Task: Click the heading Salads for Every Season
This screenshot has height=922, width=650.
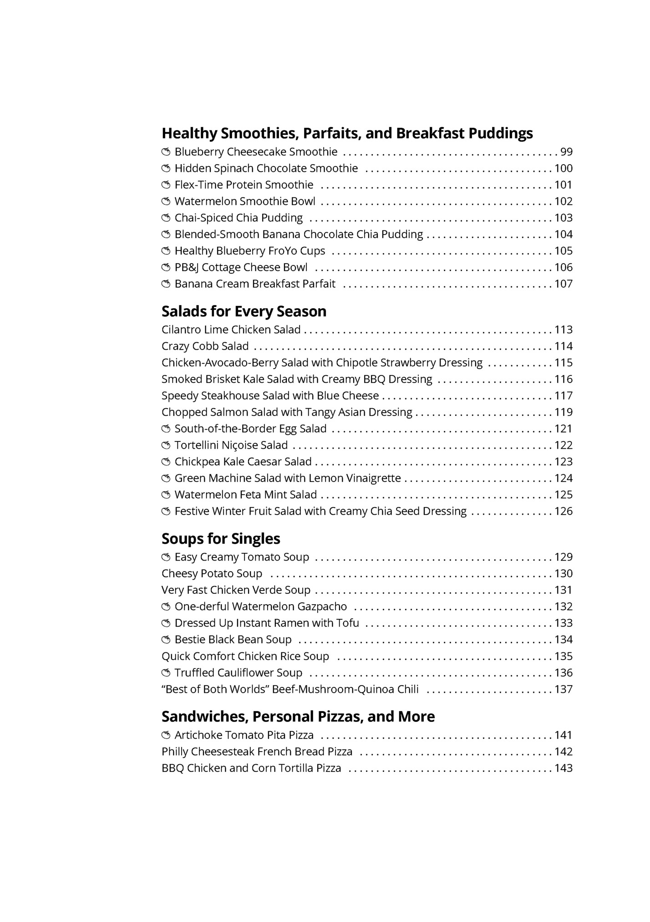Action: [x=244, y=311]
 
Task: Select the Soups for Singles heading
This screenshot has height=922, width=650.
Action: [x=221, y=539]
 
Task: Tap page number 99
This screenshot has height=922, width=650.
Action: [x=566, y=152]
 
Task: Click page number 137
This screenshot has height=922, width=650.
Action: [x=563, y=689]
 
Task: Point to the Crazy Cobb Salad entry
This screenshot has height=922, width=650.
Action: [x=205, y=346]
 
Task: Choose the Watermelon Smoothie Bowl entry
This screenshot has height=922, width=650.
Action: [x=245, y=201]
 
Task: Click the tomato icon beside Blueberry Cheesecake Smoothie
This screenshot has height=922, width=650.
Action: [x=166, y=152]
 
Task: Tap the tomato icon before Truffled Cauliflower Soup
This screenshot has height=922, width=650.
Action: [x=166, y=673]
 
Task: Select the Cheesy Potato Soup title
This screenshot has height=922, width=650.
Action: [x=212, y=574]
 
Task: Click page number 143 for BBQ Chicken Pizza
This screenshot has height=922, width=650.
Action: [x=563, y=768]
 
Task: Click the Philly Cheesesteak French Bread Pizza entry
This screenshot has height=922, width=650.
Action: [x=257, y=752]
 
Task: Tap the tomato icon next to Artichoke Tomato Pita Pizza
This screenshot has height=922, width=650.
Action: [x=166, y=735]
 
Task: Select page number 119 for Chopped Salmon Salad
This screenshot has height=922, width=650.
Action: [x=563, y=412]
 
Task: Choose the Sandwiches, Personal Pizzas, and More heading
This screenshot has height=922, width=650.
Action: [x=298, y=717]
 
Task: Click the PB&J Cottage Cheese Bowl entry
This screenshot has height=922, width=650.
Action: [x=241, y=267]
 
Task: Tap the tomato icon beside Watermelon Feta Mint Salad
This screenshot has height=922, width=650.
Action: [x=166, y=495]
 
